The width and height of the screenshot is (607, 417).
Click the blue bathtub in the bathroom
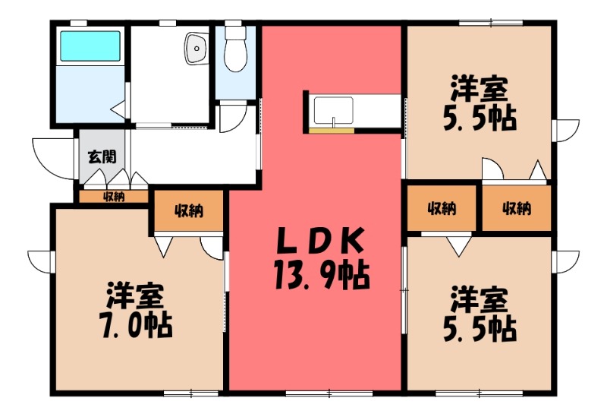point(90,47)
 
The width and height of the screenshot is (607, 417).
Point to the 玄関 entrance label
point(102,158)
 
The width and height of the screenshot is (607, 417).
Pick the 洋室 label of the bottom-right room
point(480,299)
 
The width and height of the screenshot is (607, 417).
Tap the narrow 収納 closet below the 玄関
point(114,197)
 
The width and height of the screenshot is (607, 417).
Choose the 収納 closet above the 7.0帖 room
point(189,211)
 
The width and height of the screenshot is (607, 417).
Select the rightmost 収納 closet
point(516,208)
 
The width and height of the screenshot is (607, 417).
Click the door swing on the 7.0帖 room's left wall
point(39,260)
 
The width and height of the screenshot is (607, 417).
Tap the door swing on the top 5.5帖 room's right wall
point(565,130)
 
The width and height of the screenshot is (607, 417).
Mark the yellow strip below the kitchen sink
point(332,131)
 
